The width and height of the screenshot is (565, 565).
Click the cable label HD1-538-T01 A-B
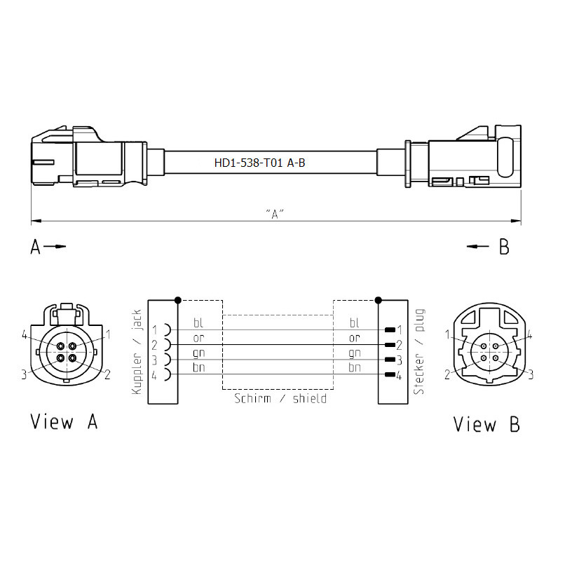[259, 163]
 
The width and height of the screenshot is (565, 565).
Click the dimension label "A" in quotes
[275, 214]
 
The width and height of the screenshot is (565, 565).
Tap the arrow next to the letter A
[55, 247]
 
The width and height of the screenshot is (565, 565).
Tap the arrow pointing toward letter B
[478, 247]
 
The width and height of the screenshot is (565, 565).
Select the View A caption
[64, 421]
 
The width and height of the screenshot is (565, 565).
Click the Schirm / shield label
[280, 399]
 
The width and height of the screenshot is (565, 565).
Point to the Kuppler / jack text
[137, 352]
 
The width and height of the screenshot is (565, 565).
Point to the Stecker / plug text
[419, 352]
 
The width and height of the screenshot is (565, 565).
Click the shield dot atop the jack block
[177, 300]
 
